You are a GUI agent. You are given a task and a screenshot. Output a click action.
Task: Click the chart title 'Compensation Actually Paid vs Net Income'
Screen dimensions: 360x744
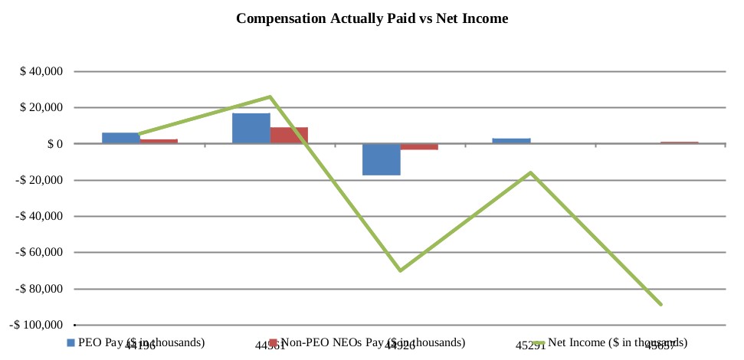click(x=372, y=18)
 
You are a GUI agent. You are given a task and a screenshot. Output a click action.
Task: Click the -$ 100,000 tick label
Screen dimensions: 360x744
click(x=36, y=325)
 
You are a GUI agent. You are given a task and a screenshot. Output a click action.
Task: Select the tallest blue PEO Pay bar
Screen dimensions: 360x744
click(x=251, y=129)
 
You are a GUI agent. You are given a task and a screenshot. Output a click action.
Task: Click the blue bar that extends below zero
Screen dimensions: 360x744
click(x=382, y=159)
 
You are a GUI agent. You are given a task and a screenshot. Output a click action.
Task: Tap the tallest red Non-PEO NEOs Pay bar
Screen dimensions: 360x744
click(x=289, y=136)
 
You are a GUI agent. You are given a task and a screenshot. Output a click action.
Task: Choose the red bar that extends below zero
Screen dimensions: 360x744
click(x=419, y=146)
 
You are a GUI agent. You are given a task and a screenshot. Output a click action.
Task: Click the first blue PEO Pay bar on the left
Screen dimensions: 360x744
click(x=121, y=138)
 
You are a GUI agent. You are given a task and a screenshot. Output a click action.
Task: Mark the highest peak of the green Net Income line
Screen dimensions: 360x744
click(x=270, y=97)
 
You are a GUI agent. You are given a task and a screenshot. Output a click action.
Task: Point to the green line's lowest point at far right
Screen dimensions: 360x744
click(x=660, y=304)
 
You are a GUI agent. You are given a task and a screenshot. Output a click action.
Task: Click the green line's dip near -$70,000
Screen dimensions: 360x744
click(x=400, y=270)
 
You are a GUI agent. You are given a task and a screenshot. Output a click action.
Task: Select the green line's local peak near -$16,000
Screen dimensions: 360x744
click(x=530, y=172)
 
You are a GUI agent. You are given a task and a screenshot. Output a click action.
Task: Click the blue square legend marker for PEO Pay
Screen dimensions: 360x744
click(x=71, y=342)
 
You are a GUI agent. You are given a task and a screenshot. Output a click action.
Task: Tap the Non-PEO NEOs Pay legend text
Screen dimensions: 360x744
click(x=372, y=342)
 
